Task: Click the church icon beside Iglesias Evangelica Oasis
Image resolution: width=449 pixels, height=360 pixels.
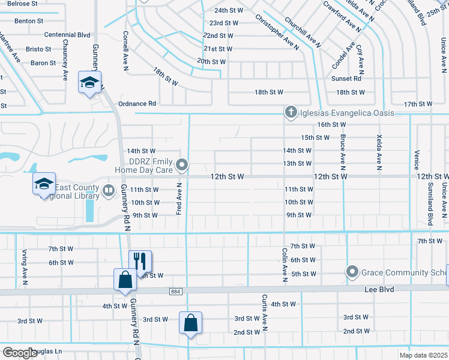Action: click(x=291, y=112)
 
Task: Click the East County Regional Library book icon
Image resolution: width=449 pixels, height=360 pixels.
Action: click(x=109, y=191)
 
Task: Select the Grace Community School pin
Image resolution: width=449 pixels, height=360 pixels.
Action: click(x=352, y=272)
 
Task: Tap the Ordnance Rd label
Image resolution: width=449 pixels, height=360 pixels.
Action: click(x=137, y=103)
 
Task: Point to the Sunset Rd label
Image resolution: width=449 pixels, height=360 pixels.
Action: click(x=346, y=79)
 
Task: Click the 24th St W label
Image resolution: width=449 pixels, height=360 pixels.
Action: click(x=229, y=10)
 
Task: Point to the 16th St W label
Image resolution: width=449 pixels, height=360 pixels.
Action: click(x=332, y=124)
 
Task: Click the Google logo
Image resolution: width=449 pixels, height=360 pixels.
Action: click(x=19, y=353)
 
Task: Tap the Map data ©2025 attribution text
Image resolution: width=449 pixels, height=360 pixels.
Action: click(x=423, y=355)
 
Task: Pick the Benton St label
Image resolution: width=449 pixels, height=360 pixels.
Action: click(x=29, y=20)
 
